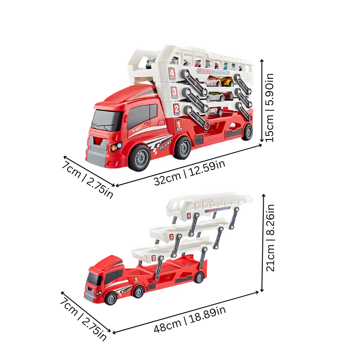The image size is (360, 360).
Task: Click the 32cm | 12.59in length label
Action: coord(189,172)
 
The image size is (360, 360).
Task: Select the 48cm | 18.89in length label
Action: coord(189,321)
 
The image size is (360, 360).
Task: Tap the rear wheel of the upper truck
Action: coord(182,148)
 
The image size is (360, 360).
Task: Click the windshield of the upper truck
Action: coord(107,119)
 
